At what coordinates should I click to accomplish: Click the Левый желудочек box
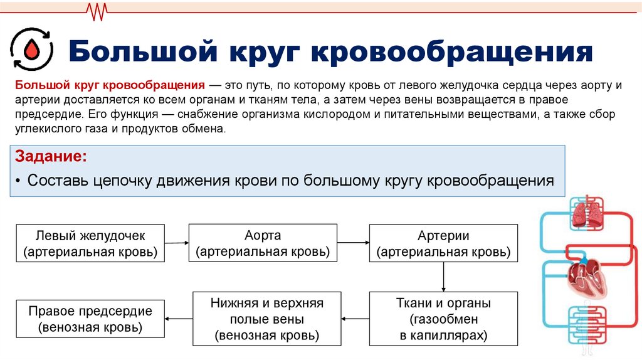[90, 243]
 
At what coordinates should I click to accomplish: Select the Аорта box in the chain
[263, 243]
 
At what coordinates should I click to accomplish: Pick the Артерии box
[443, 243]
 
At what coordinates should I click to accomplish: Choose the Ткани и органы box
[443, 319]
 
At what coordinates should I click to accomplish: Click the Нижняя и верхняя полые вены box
[266, 319]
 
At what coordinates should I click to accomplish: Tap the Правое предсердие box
[90, 319]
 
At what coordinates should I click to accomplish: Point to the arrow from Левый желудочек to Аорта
[177, 241]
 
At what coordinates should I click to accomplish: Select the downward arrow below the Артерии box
[444, 277]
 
